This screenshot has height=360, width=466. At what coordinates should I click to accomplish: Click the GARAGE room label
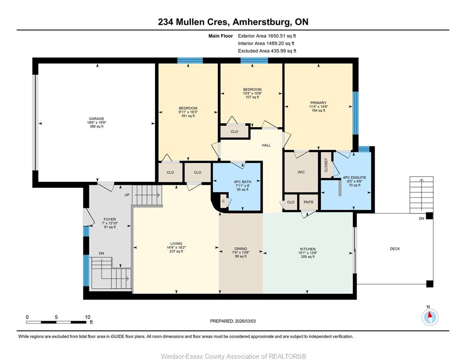tap(97, 119)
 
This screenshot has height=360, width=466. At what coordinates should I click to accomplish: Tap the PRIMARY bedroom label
tap(318, 103)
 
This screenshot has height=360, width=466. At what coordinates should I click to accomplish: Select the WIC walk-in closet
tap(301, 172)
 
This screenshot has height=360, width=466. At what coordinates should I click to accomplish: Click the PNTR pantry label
tap(308, 202)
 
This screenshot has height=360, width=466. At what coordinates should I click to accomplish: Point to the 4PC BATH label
tap(242, 182)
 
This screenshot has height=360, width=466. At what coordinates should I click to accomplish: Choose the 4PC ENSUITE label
tap(354, 178)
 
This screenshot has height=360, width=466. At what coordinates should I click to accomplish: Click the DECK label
tap(395, 249)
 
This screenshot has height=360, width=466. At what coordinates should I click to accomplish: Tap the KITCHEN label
tap(308, 249)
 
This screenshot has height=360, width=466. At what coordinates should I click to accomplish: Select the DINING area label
tap(241, 249)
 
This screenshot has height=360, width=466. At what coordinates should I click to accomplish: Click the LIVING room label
tap(176, 244)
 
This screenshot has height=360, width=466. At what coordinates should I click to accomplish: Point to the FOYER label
tap(110, 219)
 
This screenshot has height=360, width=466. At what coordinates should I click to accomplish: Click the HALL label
tap(266, 145)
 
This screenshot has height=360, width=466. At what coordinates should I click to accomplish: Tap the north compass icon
tap(430, 317)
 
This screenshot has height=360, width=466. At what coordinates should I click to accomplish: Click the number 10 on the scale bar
tap(87, 317)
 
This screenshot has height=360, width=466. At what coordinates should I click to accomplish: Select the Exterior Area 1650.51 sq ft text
tap(267, 36)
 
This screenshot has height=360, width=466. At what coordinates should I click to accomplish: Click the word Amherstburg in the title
tap(261, 22)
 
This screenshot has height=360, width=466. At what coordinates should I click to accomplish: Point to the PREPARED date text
tap(233, 321)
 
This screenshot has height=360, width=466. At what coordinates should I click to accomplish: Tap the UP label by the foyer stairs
tap(127, 195)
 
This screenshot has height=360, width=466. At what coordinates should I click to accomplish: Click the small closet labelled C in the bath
tap(223, 201)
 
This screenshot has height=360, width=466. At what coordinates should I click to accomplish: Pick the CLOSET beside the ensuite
tap(326, 165)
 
